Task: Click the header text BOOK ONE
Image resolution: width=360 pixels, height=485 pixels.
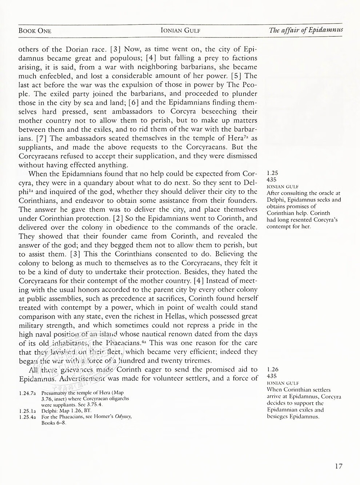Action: (35, 31)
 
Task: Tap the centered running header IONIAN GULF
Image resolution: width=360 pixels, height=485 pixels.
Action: (180, 31)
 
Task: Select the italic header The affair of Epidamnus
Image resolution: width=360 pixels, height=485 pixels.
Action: (306, 30)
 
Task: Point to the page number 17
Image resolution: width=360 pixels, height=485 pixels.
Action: (338, 466)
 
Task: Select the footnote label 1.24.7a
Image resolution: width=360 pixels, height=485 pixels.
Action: (28, 393)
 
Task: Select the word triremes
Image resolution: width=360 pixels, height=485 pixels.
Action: (197, 361)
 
